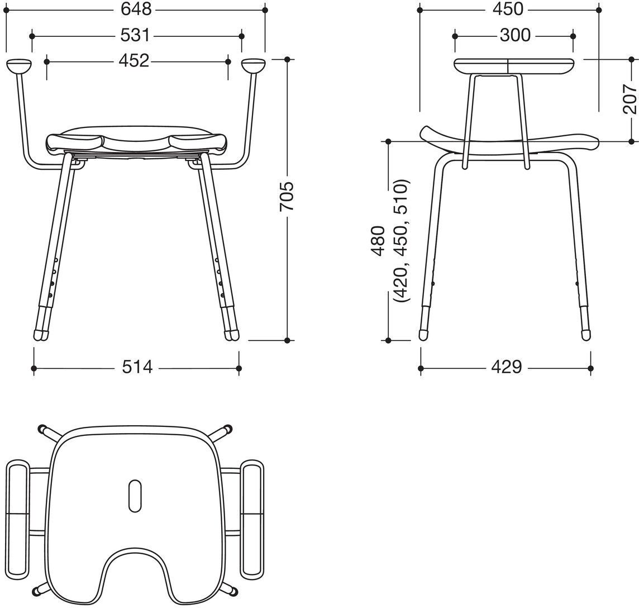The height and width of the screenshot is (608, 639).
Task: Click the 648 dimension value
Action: coord(136,9)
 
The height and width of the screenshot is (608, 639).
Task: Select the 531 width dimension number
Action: coord(135,36)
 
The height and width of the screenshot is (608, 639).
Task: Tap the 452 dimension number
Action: coord(134,61)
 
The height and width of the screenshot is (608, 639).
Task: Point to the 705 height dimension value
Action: coord(287,197)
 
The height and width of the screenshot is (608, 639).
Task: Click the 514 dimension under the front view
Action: coord(137,367)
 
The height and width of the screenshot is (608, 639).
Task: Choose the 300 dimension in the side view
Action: coord(515,35)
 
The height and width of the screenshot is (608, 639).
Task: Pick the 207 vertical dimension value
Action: coord(630,99)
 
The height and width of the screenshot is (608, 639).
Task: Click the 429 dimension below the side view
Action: coord(507,367)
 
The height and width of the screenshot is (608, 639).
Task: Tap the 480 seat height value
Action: coord(378,241)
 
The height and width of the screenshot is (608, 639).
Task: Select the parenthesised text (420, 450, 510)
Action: coord(400,241)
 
